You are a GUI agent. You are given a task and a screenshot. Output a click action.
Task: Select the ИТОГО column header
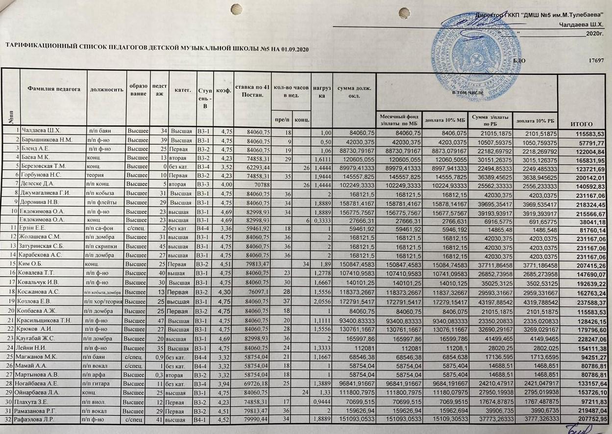(x=582, y=125)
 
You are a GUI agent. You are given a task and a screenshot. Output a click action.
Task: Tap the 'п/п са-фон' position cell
(x=103, y=229)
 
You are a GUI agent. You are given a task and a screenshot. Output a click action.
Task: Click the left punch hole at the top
(x=236, y=9)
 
